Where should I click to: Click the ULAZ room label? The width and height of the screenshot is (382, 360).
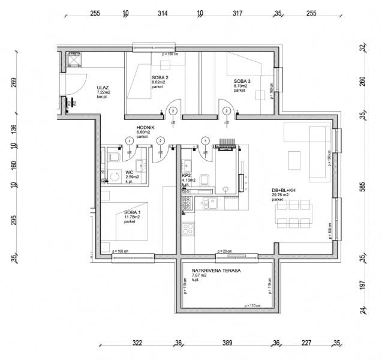coord(103,87)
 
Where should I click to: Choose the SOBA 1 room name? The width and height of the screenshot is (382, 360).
coord(133,212)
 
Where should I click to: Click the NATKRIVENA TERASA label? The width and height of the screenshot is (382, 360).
coord(216,271)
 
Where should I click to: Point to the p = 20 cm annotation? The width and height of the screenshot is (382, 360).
coord(222,251)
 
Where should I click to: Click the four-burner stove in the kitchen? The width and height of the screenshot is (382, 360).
coord(188,229)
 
